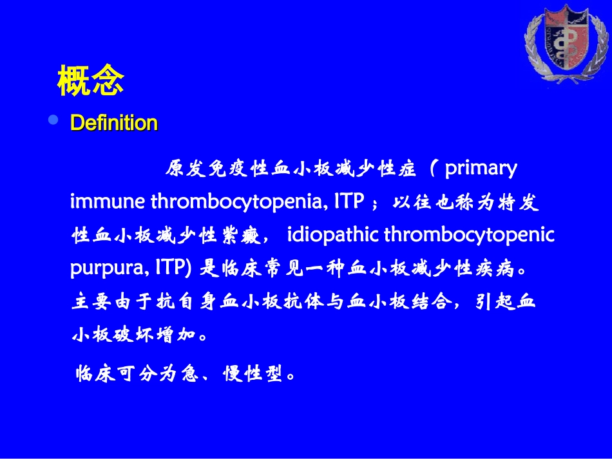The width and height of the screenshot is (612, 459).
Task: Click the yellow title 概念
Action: (x=91, y=80)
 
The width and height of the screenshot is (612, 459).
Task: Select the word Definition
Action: (x=114, y=123)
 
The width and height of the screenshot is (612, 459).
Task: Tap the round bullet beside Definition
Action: (x=53, y=119)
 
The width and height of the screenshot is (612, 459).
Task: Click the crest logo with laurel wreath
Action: (x=566, y=43)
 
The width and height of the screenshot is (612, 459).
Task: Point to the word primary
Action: (x=481, y=169)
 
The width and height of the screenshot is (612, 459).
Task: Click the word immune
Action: (x=108, y=201)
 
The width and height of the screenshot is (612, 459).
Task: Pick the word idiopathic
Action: (x=332, y=235)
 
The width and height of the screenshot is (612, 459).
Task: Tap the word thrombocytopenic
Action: (x=469, y=235)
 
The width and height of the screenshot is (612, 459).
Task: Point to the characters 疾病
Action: (x=495, y=268)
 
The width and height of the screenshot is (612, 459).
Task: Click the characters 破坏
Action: (x=124, y=334)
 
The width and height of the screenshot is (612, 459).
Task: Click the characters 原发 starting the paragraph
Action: (x=186, y=169)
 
